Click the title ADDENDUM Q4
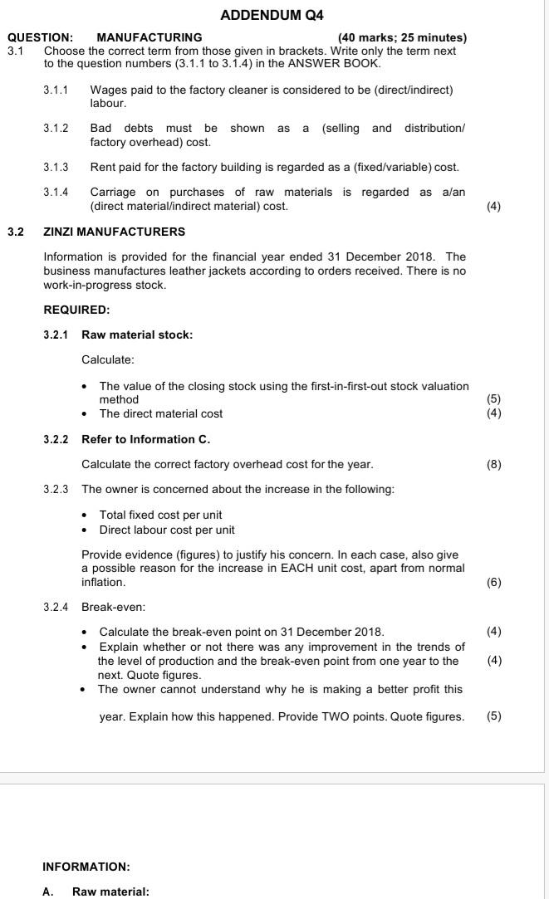[x=272, y=16]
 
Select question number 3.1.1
[x=56, y=89]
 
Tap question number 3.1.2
[x=56, y=128]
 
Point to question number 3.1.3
[x=56, y=168]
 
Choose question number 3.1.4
[x=56, y=193]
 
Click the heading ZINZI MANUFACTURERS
[x=114, y=232]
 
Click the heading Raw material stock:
[x=137, y=335]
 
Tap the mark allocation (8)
[x=493, y=464]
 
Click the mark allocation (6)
[x=493, y=583]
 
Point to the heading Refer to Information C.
[x=145, y=439]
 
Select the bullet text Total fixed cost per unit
[x=160, y=515]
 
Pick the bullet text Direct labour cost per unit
[x=167, y=530]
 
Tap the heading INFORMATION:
[x=86, y=867]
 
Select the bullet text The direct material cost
[x=160, y=413]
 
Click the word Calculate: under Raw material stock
[x=108, y=359]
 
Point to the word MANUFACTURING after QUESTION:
[x=150, y=37]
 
